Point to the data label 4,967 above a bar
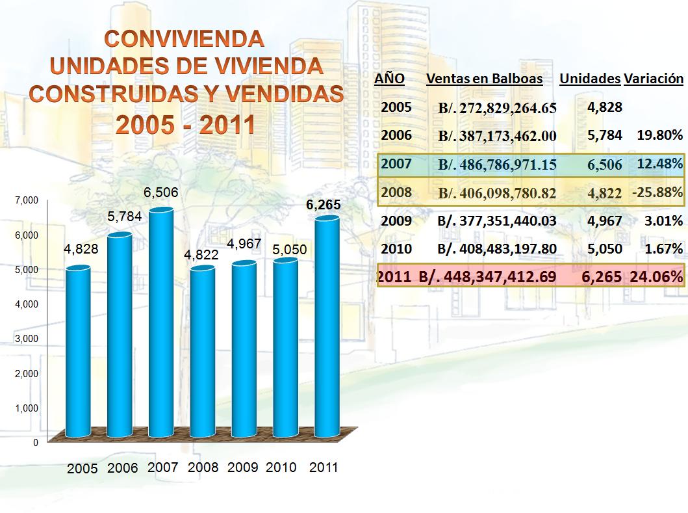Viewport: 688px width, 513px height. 244,244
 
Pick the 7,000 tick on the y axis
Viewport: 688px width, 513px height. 27,201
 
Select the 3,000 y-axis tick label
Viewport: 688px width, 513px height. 27,339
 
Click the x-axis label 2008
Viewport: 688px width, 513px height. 203,467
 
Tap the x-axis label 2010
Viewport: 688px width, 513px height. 281,467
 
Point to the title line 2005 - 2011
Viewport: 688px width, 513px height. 185,125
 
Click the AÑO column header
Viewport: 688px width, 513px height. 390,79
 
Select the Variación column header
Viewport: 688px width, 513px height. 653,79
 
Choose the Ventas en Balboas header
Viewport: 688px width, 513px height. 485,79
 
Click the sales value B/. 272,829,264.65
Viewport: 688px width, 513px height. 497,108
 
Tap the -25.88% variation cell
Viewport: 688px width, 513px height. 657,192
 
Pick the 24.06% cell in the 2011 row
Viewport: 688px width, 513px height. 656,277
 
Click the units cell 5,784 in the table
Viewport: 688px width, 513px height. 605,136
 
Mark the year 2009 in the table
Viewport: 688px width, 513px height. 396,220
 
